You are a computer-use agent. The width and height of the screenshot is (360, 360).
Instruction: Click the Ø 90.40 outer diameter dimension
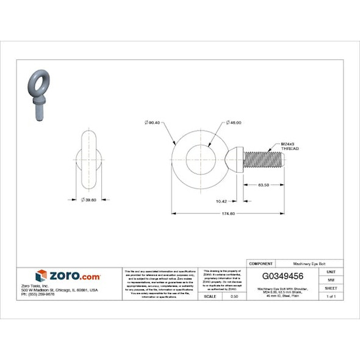click(x=152, y=123)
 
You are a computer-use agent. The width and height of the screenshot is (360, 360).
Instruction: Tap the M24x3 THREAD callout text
click(x=289, y=146)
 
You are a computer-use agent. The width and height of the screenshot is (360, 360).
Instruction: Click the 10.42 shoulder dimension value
click(x=221, y=201)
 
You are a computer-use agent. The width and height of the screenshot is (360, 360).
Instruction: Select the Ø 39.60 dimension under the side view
click(x=88, y=200)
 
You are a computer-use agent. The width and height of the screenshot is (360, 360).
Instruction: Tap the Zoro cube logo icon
click(x=41, y=276)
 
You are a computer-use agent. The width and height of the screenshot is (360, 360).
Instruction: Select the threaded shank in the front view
click(x=264, y=160)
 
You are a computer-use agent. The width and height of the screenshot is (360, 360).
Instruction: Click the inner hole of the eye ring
click(x=199, y=160)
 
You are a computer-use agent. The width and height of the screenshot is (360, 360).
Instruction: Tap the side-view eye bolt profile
click(x=89, y=160)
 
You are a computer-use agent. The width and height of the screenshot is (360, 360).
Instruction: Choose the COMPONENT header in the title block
click(x=261, y=263)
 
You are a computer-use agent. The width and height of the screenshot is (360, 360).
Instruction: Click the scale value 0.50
click(x=234, y=296)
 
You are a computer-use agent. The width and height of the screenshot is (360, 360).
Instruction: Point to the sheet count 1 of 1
click(x=331, y=296)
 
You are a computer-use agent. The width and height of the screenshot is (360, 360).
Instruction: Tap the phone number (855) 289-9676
click(x=38, y=294)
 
